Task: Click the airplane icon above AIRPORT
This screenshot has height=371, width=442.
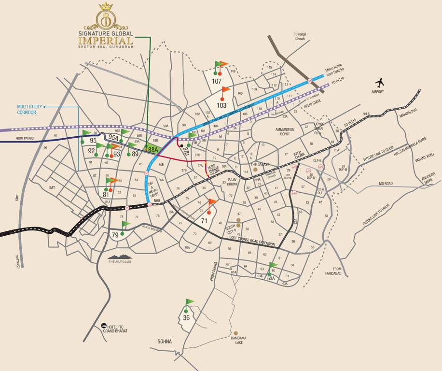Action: [x=380, y=82]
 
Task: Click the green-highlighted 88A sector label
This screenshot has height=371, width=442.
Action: [x=153, y=150]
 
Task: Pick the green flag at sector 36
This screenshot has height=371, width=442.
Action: [x=189, y=302]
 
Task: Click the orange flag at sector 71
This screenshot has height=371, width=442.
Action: [x=212, y=202]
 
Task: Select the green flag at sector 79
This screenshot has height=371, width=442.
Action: [x=125, y=224]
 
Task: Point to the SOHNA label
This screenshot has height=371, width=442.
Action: [x=164, y=342]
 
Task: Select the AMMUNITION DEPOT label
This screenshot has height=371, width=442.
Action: [x=285, y=132]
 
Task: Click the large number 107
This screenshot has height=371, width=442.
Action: [x=217, y=82]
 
